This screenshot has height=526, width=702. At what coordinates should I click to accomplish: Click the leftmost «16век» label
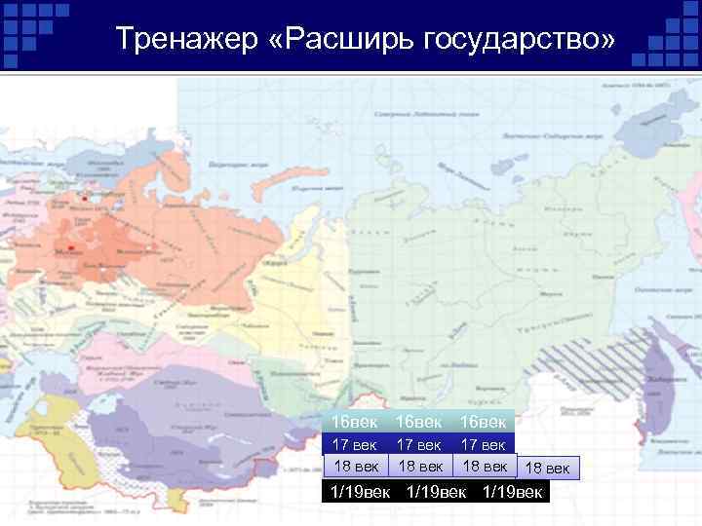point(355,423)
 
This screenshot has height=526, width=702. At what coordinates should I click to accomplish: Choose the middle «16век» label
point(420,423)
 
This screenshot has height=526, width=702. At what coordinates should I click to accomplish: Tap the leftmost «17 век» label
point(355,444)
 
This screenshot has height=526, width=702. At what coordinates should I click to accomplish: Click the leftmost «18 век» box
point(355,466)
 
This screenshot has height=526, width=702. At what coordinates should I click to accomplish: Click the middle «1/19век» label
point(436,490)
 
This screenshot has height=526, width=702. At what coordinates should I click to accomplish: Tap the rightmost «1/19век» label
point(515,490)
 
